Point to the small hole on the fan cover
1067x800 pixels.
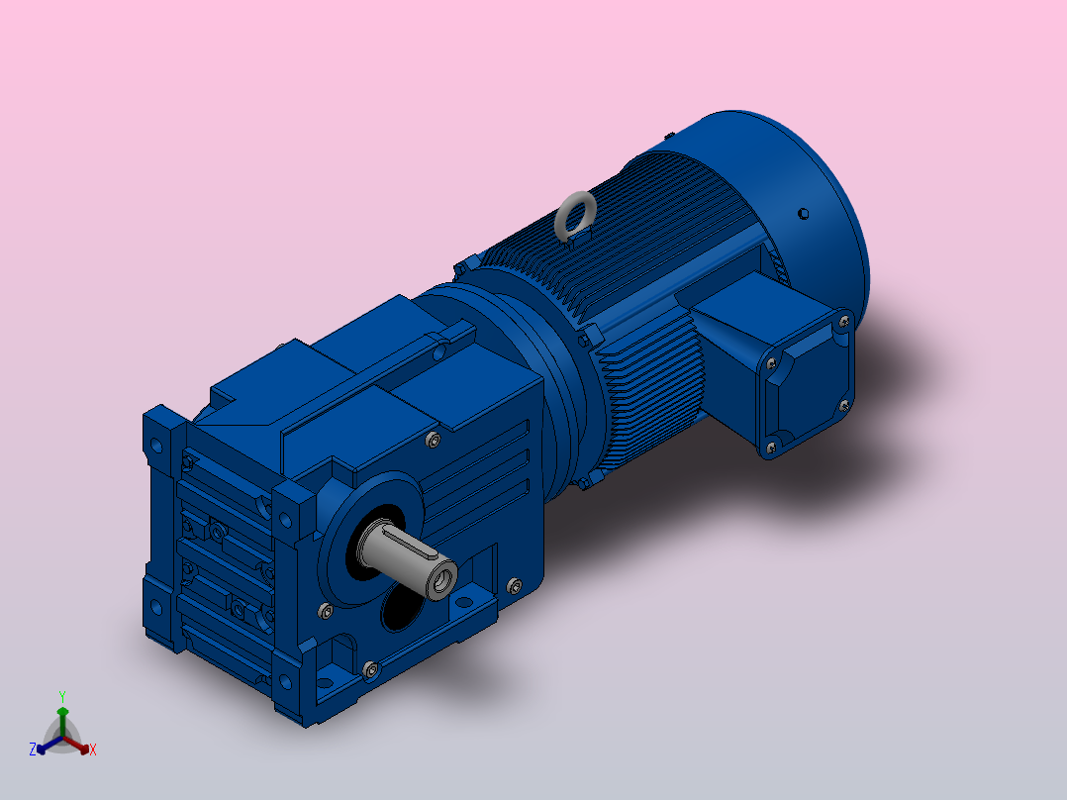click(x=803, y=214)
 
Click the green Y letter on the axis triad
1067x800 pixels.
click(x=62, y=697)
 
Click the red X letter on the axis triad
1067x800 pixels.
click(x=93, y=750)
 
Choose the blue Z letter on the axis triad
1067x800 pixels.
click(x=32, y=750)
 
